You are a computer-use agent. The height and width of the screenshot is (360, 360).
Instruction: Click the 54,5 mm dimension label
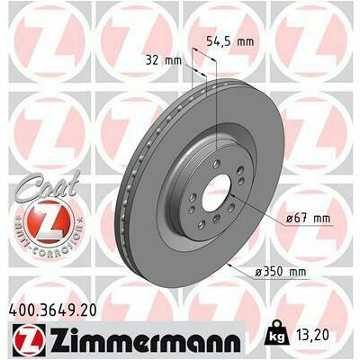coord(230,41)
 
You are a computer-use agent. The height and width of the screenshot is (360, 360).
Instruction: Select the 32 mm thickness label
coord(164,60)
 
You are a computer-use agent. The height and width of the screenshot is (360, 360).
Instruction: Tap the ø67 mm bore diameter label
coord(308,218)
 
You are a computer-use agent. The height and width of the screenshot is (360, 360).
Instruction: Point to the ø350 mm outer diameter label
coord(281,272)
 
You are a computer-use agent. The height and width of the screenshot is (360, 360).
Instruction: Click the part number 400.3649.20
coord(53,310)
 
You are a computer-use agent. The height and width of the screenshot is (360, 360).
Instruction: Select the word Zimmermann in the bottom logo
coord(144,341)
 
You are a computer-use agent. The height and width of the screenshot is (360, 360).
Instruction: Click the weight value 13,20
coord(313,335)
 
